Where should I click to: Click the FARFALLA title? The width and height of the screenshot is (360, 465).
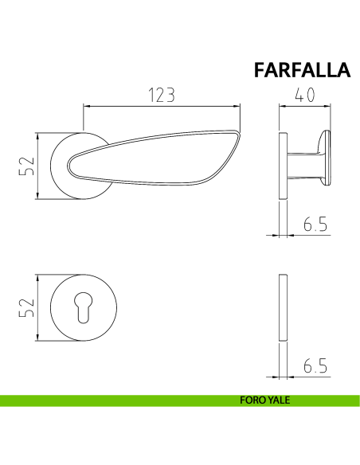click(302, 70)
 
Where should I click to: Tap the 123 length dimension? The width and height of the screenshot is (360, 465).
click(162, 96)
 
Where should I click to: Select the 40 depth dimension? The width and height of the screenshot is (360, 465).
click(304, 95)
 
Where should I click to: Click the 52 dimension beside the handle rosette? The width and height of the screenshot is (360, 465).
click(27, 166)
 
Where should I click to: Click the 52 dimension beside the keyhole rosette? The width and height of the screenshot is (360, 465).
click(27, 307)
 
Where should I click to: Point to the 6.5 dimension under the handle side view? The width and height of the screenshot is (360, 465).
click(315, 224)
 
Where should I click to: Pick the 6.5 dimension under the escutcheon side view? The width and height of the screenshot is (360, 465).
click(315, 365)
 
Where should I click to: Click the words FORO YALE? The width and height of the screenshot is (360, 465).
click(264, 401)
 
